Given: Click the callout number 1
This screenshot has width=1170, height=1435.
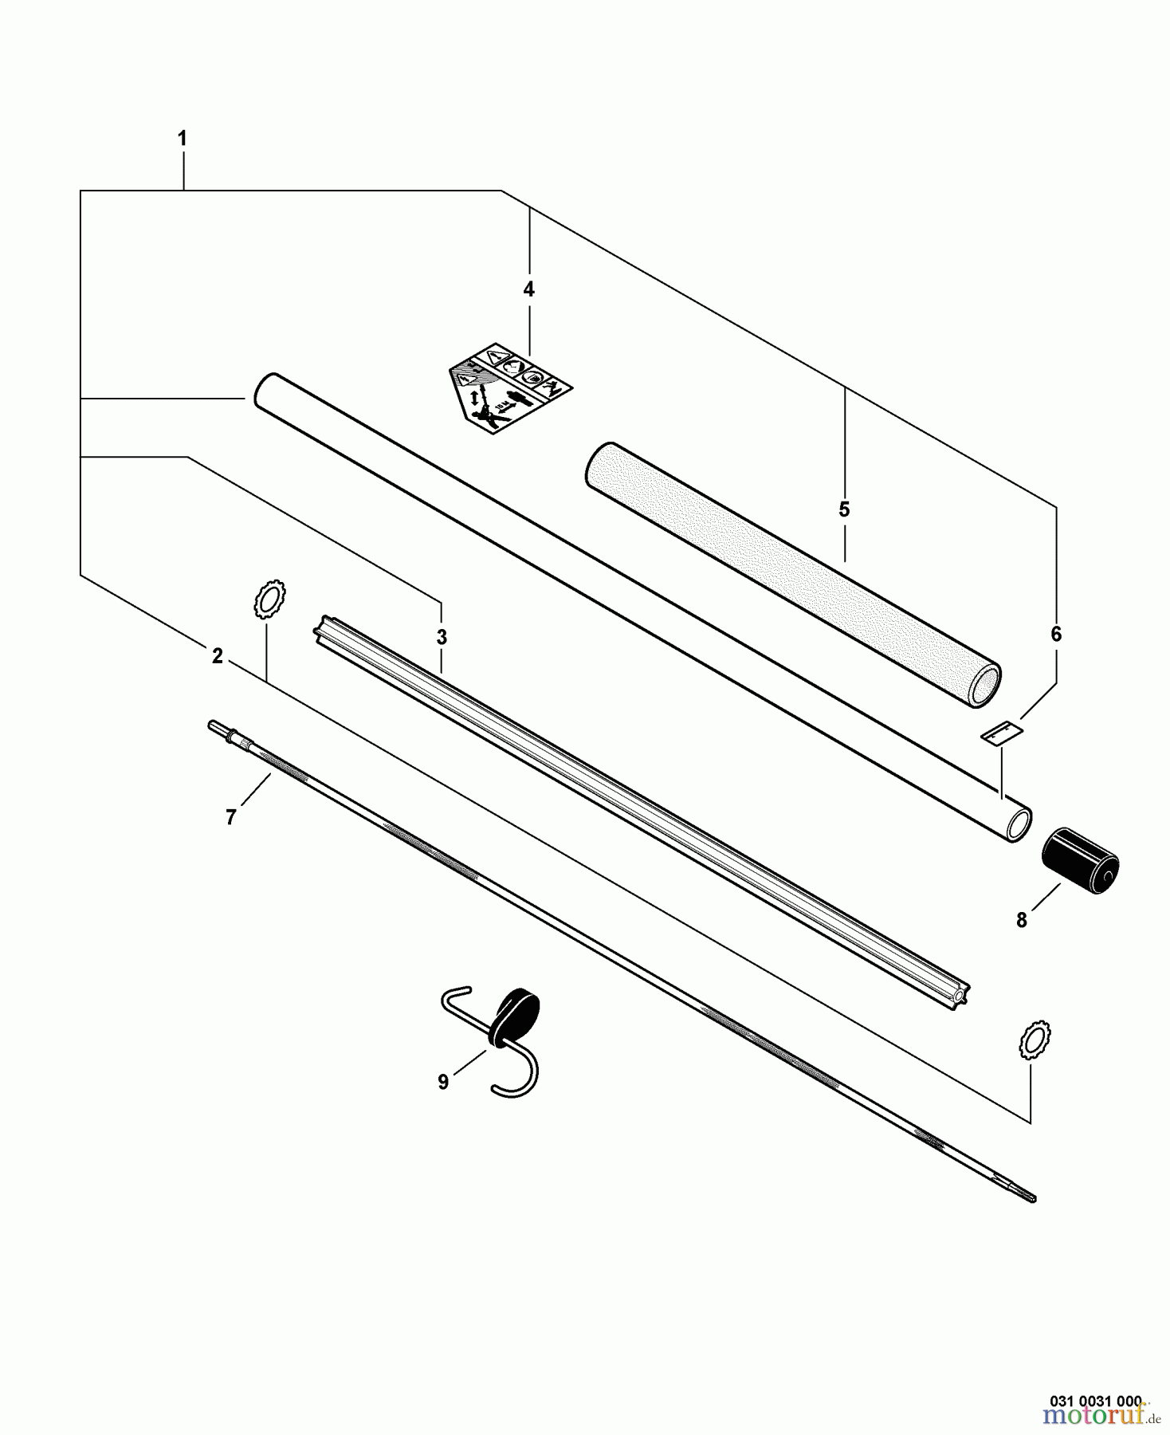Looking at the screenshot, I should tap(182, 139).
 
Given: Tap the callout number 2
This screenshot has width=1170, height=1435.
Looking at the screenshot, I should tap(217, 656).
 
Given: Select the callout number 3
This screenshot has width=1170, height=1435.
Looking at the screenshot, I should tap(442, 638).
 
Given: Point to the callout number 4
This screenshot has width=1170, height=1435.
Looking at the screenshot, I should tap(528, 289).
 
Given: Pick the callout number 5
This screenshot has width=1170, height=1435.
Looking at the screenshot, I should tap(844, 509).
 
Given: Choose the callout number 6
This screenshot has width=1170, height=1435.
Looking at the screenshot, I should tap(1056, 635).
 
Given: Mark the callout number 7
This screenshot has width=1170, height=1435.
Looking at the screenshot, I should tap(230, 817).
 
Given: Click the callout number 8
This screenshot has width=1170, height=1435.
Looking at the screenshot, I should tap(1022, 920).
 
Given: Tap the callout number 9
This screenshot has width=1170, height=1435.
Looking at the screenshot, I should tap(443, 1082).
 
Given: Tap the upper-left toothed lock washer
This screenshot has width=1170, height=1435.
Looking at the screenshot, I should tap(269, 600).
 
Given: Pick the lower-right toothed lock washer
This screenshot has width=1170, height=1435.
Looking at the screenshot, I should tap(1035, 1040).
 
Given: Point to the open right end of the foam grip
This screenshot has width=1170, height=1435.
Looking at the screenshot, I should tap(985, 684).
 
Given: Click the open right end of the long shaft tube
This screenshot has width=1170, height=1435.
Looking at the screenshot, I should tap(1019, 826).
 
